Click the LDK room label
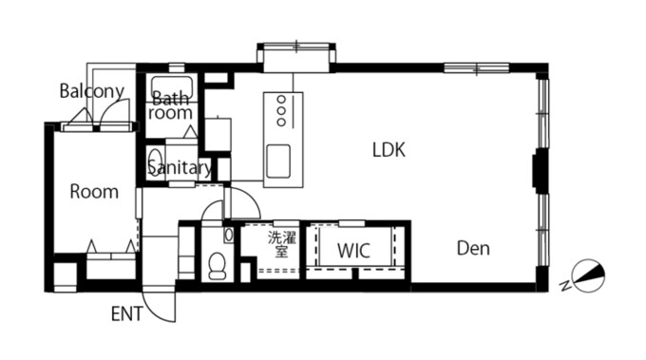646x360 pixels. coord(389,150)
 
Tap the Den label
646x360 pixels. coord(473,248)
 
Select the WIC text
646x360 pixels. coord(353,251)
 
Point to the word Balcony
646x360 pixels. coord(91,91)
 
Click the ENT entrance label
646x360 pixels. coord(127,314)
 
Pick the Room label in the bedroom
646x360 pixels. coord(94,192)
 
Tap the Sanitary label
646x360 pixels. coord(180,168)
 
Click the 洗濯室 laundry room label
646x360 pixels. coord(282,244)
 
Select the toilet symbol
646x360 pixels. coord(218,267)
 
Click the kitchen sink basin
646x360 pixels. coord(278,161)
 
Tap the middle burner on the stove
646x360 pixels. coord(281,111)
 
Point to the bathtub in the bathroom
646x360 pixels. coord(172,87)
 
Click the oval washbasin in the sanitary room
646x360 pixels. coord(155,161)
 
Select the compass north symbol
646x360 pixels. coord(589,275)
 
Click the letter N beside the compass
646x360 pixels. coord(565,285)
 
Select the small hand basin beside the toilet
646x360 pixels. coord(229,235)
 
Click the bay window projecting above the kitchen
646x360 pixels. coord(296,57)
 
